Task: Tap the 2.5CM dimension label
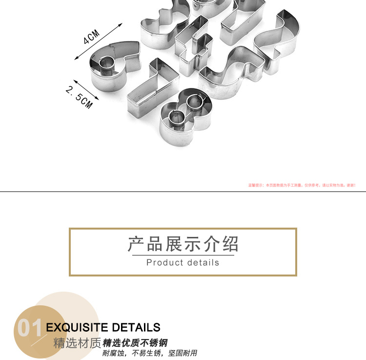tap(79, 97)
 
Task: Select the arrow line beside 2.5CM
tap(86, 90)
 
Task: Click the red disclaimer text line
tap(302, 185)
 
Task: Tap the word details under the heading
tap(202, 263)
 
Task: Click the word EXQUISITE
tap(77, 327)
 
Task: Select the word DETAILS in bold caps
tap(136, 327)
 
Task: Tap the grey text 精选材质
tap(77, 343)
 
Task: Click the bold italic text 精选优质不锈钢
tap(135, 343)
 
